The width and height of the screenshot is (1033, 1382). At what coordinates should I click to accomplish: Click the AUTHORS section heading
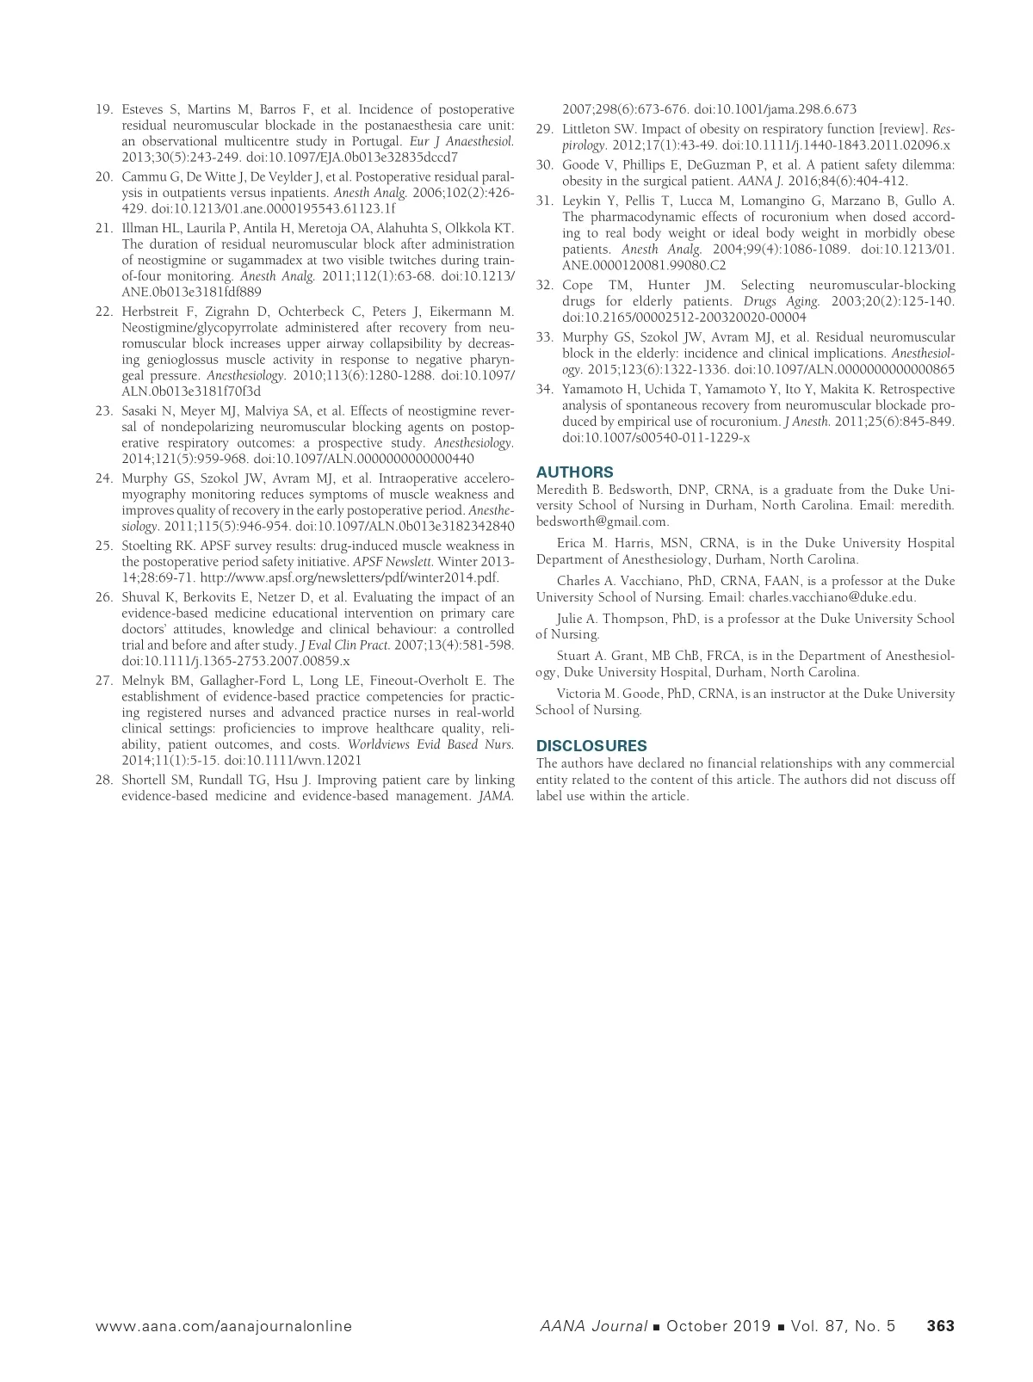(x=574, y=472)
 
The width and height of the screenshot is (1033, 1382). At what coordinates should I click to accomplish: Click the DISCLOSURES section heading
(x=591, y=745)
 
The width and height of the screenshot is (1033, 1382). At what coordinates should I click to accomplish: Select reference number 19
(x=104, y=109)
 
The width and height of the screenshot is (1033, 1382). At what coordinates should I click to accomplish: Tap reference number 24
(x=104, y=478)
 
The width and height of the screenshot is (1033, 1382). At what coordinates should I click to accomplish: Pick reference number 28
(x=104, y=780)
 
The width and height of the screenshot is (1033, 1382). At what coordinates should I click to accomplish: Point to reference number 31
(x=544, y=201)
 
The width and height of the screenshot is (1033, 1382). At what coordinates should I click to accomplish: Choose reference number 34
(x=544, y=389)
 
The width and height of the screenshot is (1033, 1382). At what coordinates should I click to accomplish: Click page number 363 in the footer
(x=940, y=1326)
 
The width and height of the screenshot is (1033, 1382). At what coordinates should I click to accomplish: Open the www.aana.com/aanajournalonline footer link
(x=224, y=1326)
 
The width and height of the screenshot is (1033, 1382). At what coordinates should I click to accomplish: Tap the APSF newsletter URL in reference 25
(x=349, y=577)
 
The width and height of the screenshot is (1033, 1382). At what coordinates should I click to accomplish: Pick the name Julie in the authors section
(x=571, y=619)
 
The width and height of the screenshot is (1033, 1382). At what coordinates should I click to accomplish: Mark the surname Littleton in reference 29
(x=588, y=129)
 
